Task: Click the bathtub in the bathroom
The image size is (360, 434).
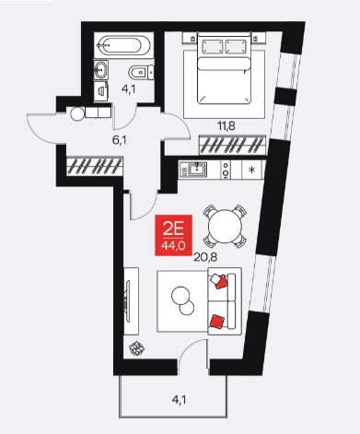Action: pos(123,45)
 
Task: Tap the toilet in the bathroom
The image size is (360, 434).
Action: pos(141,73)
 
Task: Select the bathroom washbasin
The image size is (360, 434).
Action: pos(100,69)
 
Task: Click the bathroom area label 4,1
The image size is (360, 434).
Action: pos(128,89)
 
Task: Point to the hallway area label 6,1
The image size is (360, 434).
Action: pos(120,140)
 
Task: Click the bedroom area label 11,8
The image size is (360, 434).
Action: pos(226,126)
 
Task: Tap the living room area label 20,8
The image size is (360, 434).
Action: pos(205,257)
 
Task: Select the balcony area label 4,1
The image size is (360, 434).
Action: pos(179,400)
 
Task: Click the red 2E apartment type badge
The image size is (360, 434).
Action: pos(173,235)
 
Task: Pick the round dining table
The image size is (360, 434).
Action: pos(225,227)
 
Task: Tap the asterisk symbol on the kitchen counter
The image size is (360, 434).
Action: pos(252,170)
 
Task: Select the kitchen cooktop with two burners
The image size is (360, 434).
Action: pos(226,170)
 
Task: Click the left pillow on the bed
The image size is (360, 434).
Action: pos(212,47)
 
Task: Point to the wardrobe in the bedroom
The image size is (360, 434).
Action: pos(232,145)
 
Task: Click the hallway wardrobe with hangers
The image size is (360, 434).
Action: pos(95,166)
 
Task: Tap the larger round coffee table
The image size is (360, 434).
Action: pos(180,296)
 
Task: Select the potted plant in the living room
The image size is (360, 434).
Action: pos(136,348)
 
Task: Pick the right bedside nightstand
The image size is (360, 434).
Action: pos(258,38)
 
